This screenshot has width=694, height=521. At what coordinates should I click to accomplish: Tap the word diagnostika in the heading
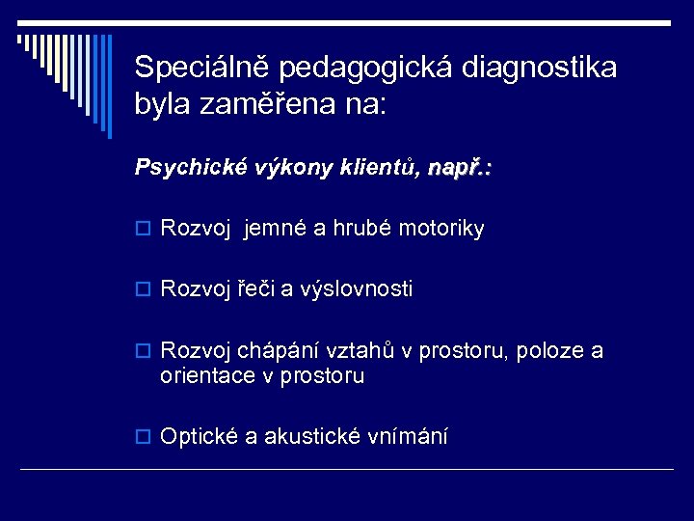(x=541, y=68)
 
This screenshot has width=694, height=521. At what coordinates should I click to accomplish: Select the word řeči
(x=252, y=289)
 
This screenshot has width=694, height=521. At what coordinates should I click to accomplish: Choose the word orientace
(x=205, y=376)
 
